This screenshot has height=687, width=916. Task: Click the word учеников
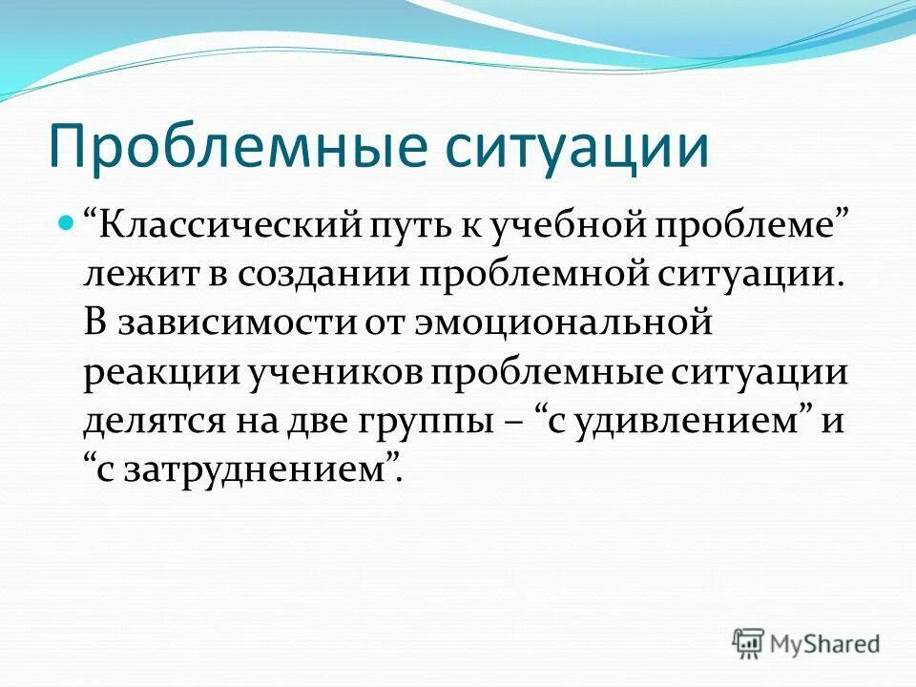[325, 372]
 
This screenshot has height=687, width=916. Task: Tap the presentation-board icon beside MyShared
[749, 643]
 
